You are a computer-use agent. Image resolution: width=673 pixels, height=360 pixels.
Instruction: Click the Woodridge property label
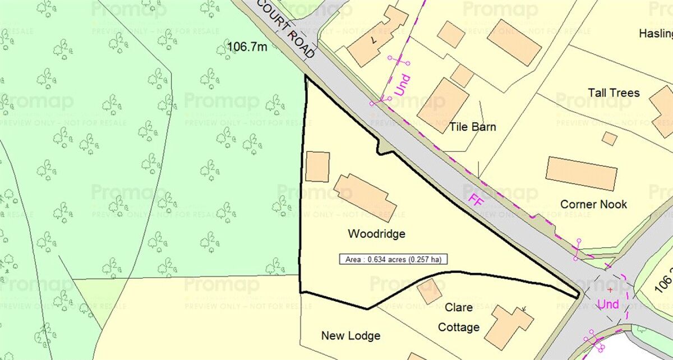[x=376, y=234]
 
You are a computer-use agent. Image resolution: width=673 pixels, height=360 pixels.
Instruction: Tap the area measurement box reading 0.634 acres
[x=393, y=259]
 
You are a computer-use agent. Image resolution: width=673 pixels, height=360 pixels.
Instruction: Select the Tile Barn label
[x=472, y=127]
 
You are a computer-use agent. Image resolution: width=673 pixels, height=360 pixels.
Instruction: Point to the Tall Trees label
[x=614, y=93]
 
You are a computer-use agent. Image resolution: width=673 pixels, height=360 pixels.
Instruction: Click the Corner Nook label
[x=594, y=204]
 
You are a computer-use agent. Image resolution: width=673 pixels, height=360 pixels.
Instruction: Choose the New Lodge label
[x=351, y=336]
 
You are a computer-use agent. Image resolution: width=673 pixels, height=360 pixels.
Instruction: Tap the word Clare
[x=459, y=308]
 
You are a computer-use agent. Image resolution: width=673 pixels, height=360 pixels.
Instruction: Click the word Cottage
[x=459, y=327]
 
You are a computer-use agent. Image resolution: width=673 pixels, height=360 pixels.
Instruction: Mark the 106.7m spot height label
[x=247, y=47]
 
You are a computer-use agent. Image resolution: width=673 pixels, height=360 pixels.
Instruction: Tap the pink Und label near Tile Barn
[x=402, y=84]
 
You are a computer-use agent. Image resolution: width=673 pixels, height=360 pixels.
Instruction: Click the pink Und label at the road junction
[x=609, y=304]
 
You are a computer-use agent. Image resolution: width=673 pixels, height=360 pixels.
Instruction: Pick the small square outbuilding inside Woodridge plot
[x=317, y=167]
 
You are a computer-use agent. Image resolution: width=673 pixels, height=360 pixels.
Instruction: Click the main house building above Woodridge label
[x=365, y=197]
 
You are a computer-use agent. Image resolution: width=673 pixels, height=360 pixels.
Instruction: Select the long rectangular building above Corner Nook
[x=582, y=173]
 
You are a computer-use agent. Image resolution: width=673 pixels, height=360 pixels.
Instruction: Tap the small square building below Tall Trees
[x=610, y=138]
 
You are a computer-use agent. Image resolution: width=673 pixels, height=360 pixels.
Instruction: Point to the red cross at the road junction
[x=610, y=290]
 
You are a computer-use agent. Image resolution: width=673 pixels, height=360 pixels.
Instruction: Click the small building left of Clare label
[x=430, y=292]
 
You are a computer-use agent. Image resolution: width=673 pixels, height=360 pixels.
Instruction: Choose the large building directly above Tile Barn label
[x=442, y=105]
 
